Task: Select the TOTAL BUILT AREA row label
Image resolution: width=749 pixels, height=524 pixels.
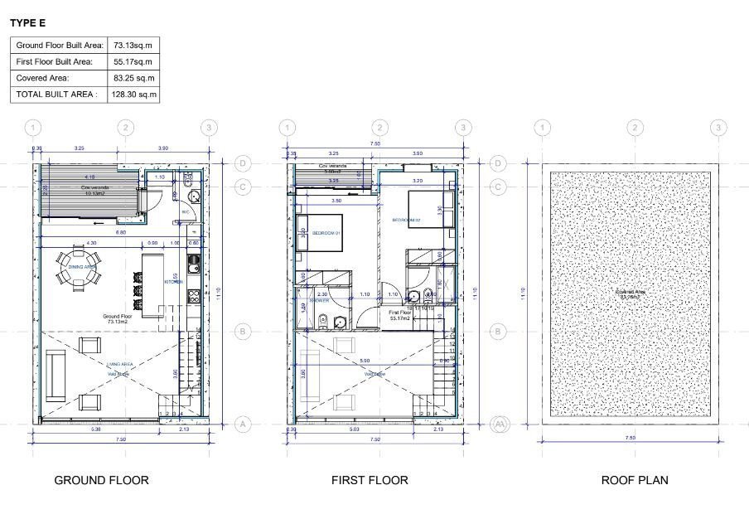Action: [x=56, y=95]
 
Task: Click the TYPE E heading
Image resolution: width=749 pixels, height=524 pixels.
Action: [x=27, y=23]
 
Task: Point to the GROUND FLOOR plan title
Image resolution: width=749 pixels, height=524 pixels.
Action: [x=101, y=480]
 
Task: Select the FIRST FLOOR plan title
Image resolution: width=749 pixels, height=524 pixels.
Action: [x=370, y=480]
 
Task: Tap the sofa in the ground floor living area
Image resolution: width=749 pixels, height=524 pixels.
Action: [x=56, y=373]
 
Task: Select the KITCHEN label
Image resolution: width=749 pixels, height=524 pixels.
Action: [x=175, y=282]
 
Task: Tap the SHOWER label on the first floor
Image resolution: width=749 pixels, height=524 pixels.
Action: [x=319, y=301]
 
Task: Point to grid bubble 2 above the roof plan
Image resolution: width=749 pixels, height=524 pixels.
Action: [x=635, y=128]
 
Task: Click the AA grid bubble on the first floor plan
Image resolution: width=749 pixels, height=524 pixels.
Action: [x=498, y=424]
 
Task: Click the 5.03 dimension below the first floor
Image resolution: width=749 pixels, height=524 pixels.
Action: [x=355, y=429]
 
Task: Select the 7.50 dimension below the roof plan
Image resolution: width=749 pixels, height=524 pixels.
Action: [x=630, y=437]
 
